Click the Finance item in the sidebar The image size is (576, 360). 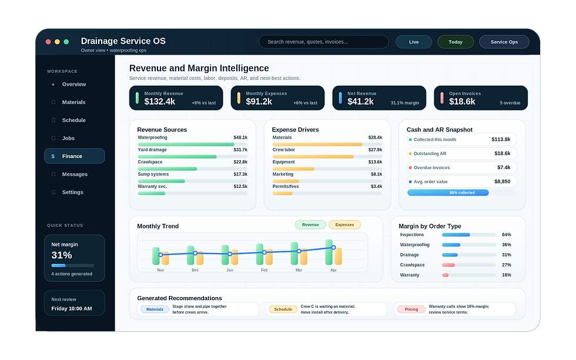74,156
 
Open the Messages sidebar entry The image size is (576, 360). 75,174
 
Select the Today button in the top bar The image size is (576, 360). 456,42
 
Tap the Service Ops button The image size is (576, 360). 504,42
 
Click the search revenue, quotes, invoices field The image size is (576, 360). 324,42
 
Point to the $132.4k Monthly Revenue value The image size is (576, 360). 160,102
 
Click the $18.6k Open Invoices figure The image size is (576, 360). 462,102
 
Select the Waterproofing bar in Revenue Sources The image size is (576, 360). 186,144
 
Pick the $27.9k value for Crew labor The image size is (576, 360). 375,150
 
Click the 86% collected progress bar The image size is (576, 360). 448,193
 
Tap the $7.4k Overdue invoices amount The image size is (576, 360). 504,167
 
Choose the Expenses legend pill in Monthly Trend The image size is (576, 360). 344,224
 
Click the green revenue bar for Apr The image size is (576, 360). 329,252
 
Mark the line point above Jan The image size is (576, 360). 230,254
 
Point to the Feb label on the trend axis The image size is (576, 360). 264,270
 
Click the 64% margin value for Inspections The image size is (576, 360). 507,234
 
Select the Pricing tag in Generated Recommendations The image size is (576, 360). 411,309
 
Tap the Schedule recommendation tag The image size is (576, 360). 283,309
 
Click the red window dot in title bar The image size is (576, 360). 48,42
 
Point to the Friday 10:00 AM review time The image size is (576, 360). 72,309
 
